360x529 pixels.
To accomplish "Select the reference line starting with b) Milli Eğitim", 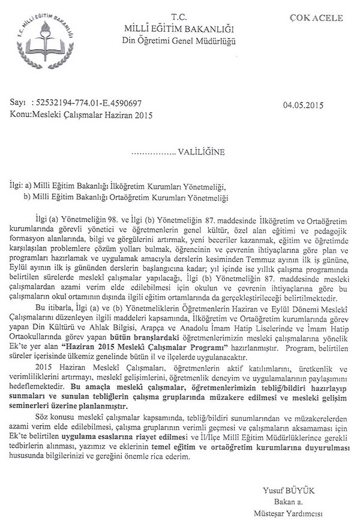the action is (127, 196).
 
